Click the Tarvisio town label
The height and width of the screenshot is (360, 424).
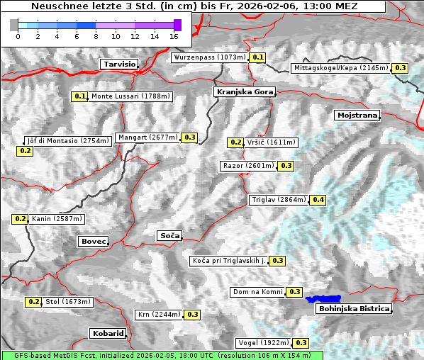(x=118, y=64)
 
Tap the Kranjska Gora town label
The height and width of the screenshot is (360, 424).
(x=243, y=92)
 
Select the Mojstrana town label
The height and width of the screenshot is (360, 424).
(x=357, y=115)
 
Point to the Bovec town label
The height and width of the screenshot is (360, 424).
(x=93, y=242)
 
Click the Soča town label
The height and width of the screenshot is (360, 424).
(x=169, y=235)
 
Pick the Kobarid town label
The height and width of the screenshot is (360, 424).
(x=108, y=333)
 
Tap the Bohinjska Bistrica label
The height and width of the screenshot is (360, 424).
(x=354, y=309)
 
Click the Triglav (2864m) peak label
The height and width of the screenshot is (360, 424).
(x=279, y=200)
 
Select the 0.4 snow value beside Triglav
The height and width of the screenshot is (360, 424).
(x=318, y=200)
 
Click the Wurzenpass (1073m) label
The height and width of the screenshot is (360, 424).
(x=210, y=57)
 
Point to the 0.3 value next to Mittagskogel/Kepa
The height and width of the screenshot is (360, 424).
(x=401, y=68)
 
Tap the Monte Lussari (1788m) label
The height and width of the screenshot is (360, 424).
(x=130, y=96)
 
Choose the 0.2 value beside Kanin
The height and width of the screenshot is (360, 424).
(x=20, y=219)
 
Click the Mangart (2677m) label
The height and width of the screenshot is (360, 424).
(x=147, y=137)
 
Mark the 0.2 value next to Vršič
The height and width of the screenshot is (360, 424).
(x=235, y=142)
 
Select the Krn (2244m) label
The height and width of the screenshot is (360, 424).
(x=159, y=315)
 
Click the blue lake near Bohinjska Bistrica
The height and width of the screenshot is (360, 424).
(x=323, y=299)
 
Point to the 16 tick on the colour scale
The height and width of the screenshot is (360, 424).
(x=174, y=35)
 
